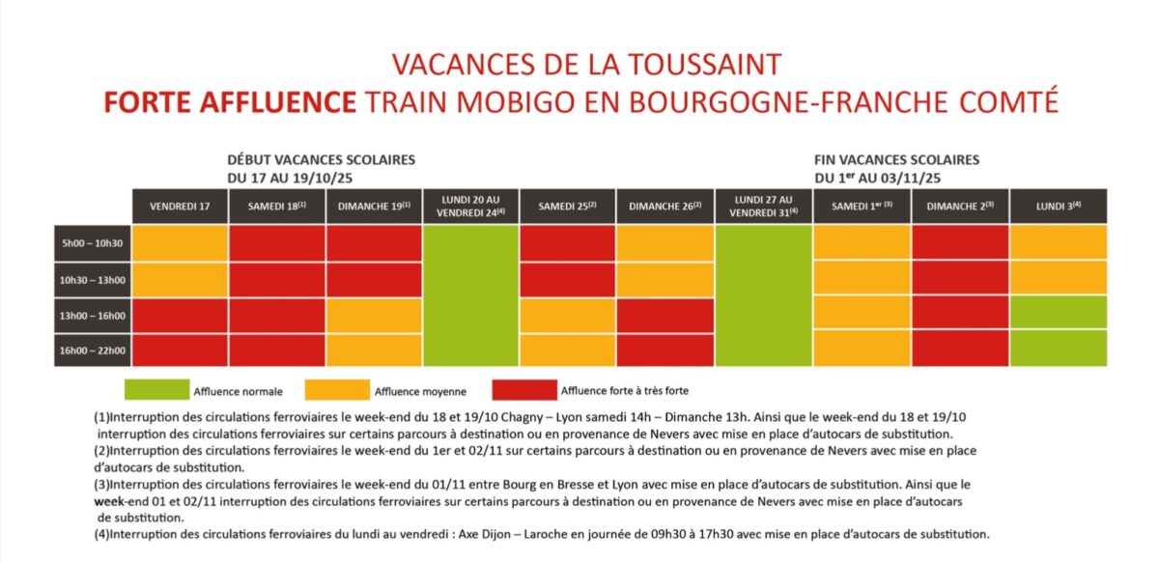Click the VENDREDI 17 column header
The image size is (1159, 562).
point(180,207)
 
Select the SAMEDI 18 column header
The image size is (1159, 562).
point(276,207)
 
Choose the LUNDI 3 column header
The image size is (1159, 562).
point(1058,207)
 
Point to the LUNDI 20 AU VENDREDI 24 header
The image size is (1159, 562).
point(471,207)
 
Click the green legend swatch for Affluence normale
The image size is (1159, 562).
point(155,390)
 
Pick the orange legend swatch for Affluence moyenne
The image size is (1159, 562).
point(337,390)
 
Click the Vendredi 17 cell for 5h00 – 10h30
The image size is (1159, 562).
point(180,243)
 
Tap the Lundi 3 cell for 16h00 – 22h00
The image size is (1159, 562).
point(1058,350)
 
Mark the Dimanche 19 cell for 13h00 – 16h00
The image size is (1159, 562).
point(374,315)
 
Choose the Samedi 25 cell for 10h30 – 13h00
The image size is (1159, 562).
point(568,279)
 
